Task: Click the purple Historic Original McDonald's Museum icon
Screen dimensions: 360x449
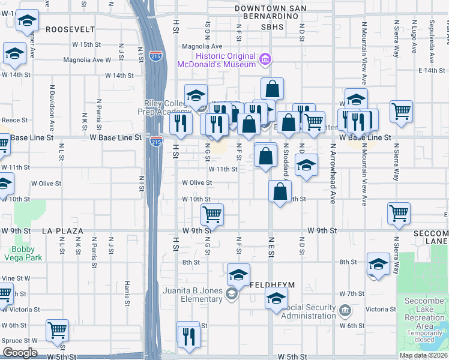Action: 265,59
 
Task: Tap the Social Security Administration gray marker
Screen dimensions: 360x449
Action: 345,310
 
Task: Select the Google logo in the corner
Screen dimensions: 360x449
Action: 20,353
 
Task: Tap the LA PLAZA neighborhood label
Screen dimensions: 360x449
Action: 61,230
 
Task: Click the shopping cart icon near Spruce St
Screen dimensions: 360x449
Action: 57,329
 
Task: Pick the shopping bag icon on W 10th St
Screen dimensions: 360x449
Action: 279,191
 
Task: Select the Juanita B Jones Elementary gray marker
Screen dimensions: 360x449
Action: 231,294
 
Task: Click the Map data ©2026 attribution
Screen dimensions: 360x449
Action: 423,355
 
